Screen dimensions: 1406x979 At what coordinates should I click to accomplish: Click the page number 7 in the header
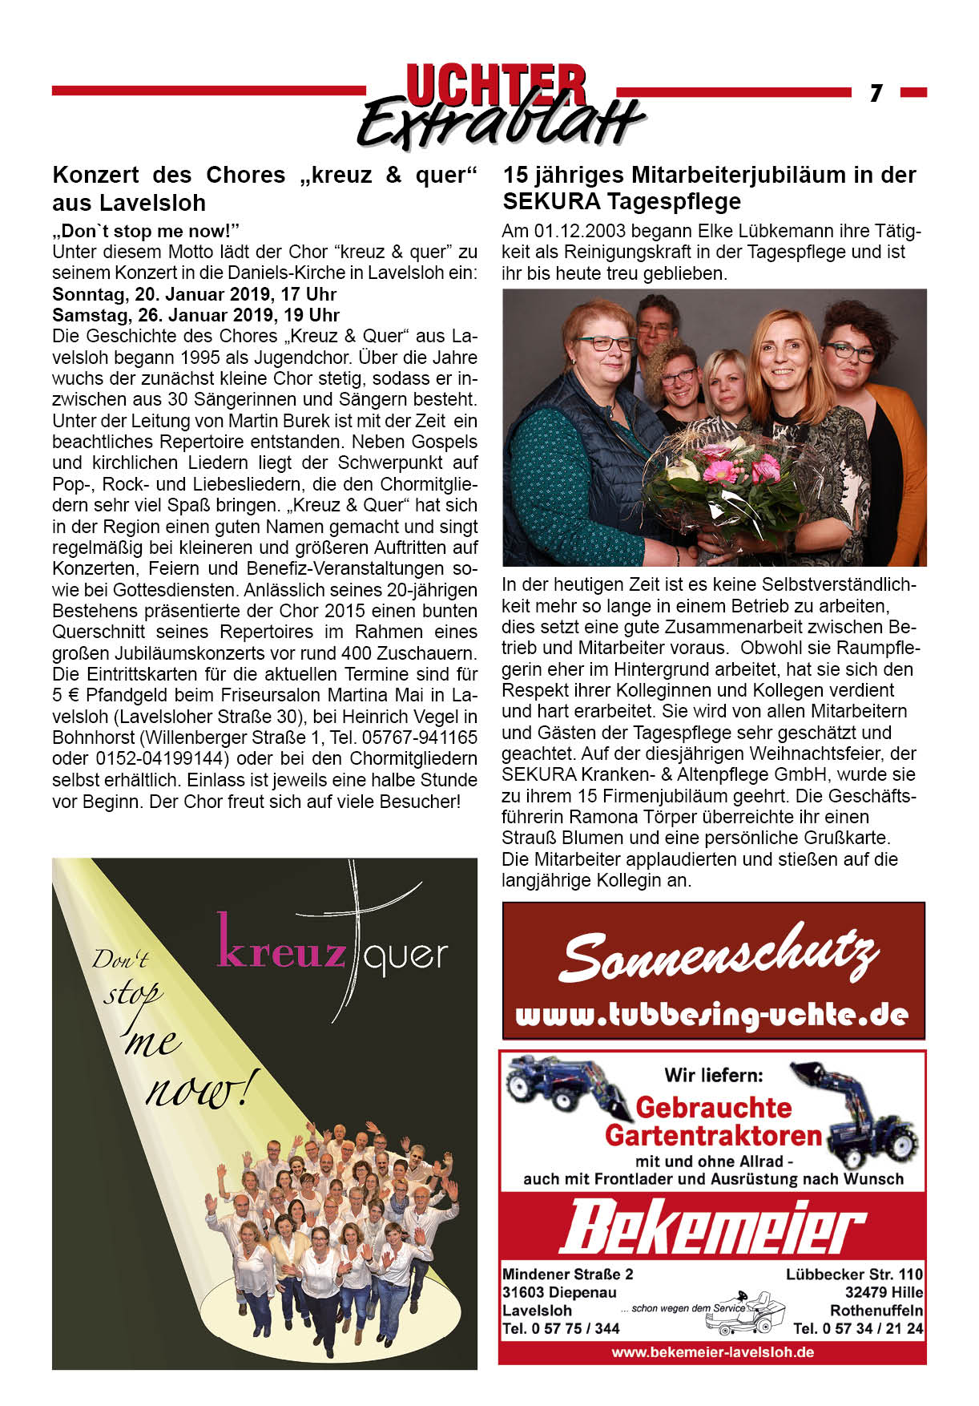[x=876, y=93]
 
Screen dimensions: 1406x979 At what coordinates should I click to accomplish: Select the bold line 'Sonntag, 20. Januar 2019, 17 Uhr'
[x=195, y=294]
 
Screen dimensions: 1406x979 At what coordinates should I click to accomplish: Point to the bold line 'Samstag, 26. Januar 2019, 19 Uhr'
[x=196, y=315]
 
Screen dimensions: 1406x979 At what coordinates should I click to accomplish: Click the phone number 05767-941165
[x=419, y=737]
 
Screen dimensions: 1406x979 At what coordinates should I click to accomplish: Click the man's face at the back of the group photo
[x=655, y=322]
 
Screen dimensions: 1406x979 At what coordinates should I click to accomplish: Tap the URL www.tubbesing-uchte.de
[x=712, y=1015]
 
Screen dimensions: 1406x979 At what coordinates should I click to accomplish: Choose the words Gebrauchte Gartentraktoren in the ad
[x=713, y=1121]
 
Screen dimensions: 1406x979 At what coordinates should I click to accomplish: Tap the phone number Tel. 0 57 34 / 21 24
[x=857, y=1328]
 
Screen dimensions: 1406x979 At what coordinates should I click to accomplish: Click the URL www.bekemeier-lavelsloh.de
[x=712, y=1351]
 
